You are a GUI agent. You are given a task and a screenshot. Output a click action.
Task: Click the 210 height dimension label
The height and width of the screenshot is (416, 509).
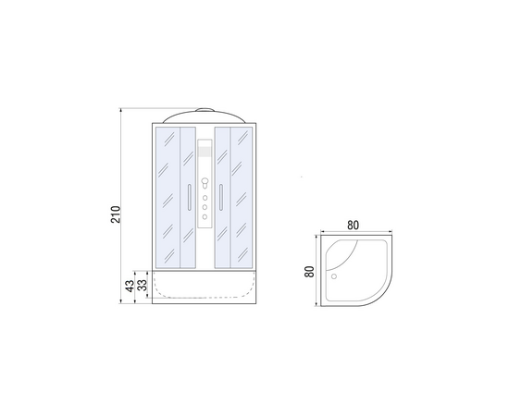[116, 214]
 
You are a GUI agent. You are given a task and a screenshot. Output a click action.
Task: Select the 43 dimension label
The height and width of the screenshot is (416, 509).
[130, 286]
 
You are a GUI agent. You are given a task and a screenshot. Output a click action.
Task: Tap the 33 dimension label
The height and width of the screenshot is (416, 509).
[143, 286]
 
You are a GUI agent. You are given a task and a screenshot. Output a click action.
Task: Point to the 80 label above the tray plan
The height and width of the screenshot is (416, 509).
[353, 225]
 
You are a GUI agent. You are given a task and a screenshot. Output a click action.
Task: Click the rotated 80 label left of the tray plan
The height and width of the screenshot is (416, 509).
[309, 272]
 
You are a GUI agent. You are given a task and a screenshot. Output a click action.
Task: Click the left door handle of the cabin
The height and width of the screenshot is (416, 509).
[189, 197]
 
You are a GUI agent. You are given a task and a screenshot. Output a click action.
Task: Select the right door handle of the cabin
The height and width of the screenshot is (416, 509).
[221, 197]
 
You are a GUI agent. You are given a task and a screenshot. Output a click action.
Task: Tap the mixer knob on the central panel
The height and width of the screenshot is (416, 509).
[205, 182]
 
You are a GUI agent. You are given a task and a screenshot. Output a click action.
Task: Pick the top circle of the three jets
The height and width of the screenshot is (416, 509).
[205, 198]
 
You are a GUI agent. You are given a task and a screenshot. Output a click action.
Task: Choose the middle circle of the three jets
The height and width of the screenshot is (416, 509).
[205, 207]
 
